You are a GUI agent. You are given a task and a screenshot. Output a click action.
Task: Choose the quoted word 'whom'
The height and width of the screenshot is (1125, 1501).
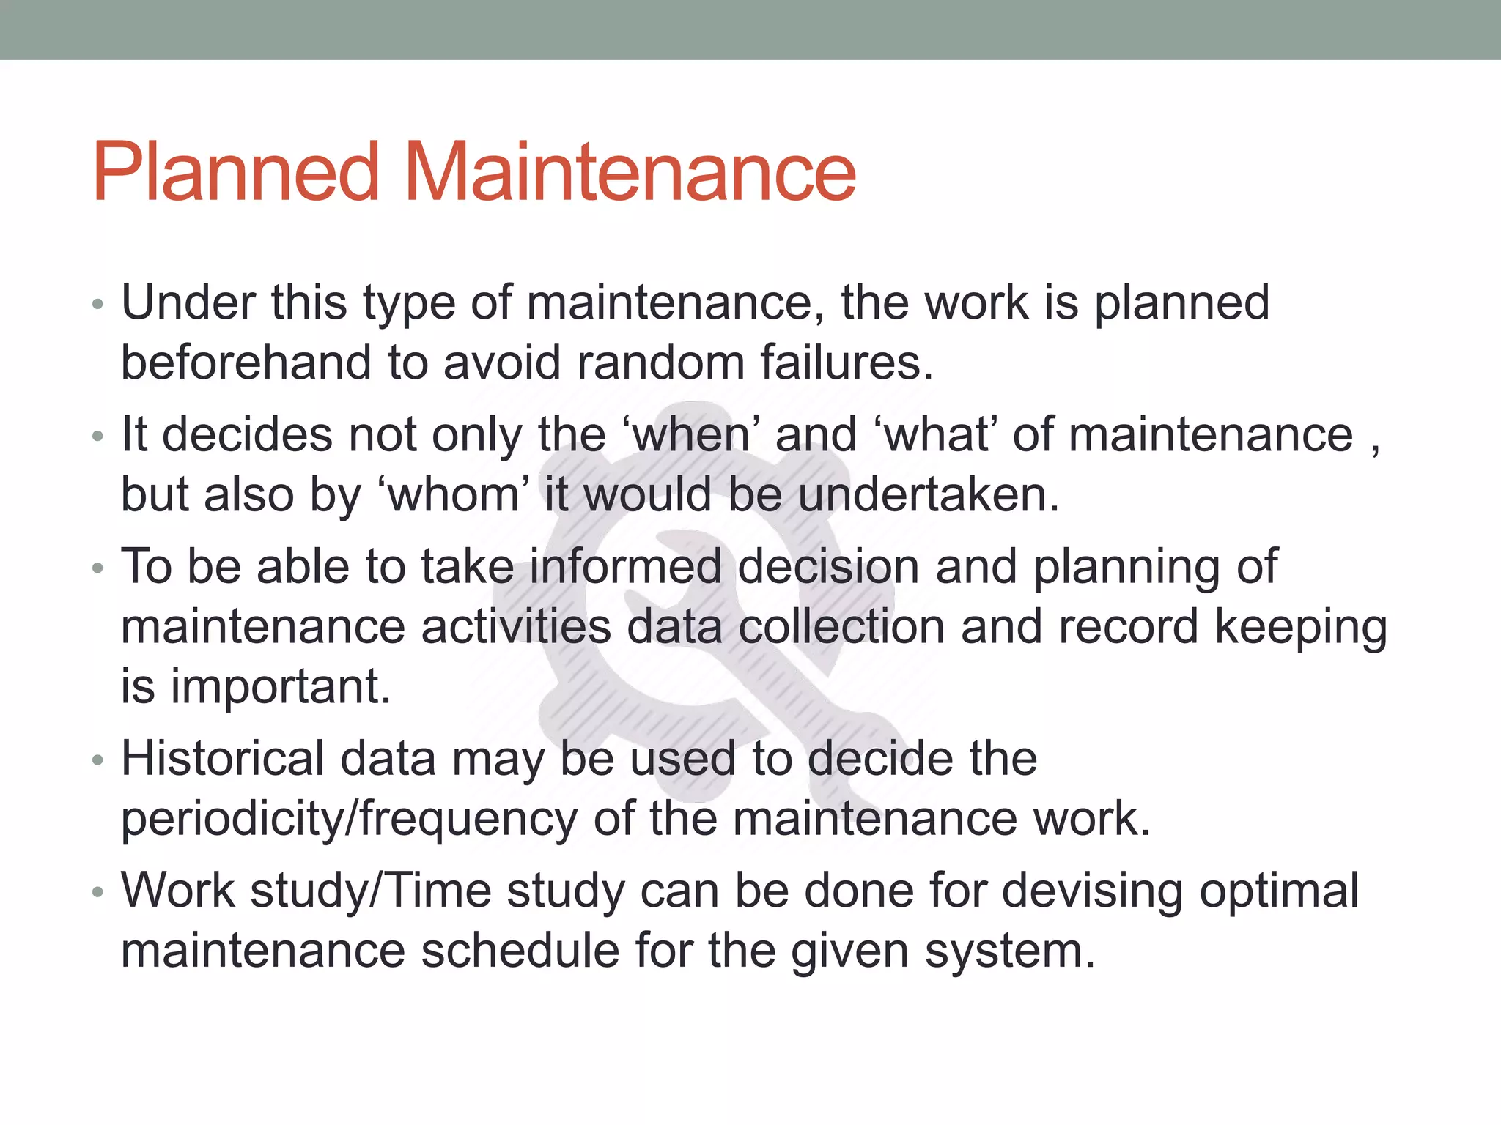click(453, 495)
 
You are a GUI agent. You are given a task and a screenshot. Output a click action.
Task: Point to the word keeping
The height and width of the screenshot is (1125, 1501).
click(1301, 628)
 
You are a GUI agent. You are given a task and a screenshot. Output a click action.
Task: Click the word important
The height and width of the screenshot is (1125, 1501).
click(281, 687)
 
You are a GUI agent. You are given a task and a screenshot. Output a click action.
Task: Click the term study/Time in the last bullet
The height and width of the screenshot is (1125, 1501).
click(371, 891)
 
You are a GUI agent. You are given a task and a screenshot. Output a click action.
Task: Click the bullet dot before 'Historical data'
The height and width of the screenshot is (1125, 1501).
click(98, 761)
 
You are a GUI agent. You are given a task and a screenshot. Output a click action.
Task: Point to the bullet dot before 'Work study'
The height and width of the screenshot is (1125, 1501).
click(98, 894)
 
